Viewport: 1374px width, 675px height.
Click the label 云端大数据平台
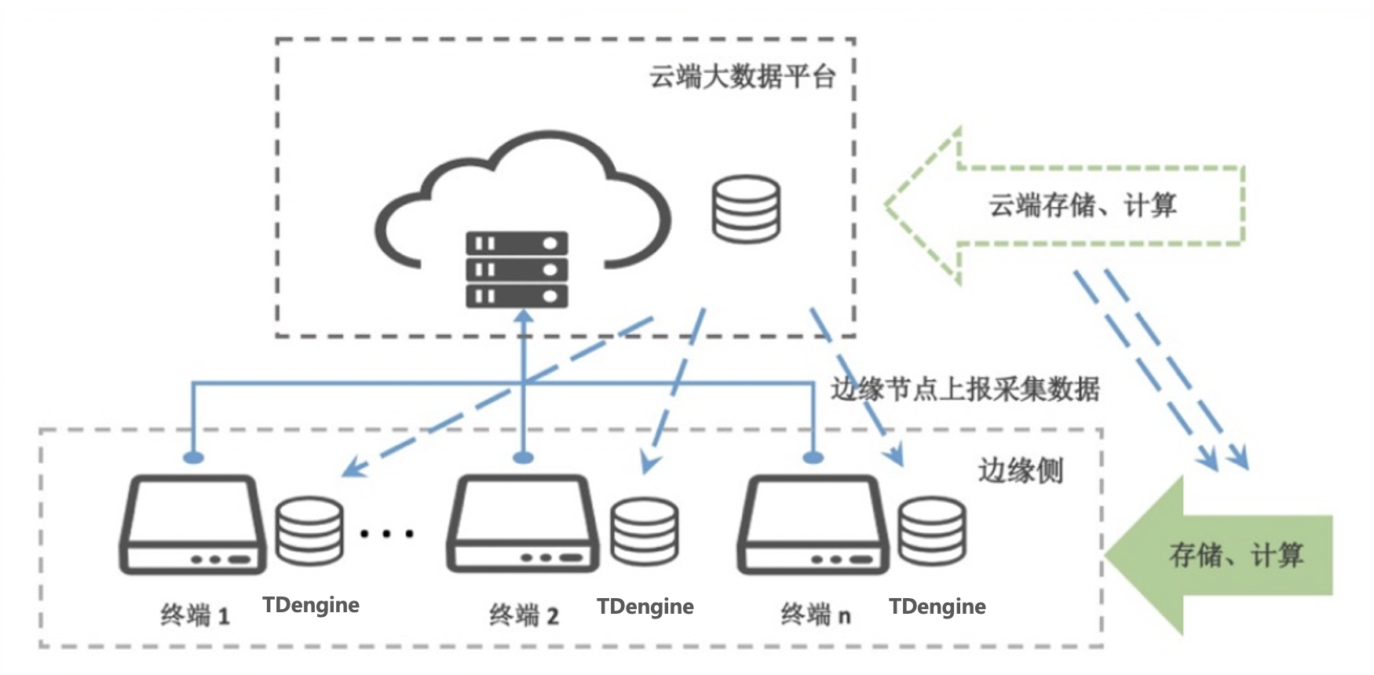tap(741, 77)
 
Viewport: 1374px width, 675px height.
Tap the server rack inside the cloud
tap(517, 269)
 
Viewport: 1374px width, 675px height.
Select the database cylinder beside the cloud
tap(746, 209)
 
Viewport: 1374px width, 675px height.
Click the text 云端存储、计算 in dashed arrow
tap(1082, 206)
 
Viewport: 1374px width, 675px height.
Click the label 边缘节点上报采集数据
tap(966, 389)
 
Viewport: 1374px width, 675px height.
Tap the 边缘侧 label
tap(1020, 470)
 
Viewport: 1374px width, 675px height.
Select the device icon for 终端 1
tap(192, 524)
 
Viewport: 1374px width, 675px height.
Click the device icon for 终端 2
tap(522, 524)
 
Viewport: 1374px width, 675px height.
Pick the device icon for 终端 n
tap(813, 524)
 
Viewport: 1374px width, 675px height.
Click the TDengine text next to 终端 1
tap(311, 605)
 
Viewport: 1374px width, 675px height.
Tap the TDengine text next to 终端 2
tap(645, 607)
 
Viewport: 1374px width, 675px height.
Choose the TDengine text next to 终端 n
tap(937, 607)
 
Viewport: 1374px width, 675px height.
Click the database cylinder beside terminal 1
tap(309, 531)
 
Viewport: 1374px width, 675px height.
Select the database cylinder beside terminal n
tap(932, 531)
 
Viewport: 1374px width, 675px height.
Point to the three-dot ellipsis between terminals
tap(386, 535)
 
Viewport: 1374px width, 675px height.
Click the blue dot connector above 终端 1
tap(193, 457)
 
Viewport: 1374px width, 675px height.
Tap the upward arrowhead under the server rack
tap(524, 316)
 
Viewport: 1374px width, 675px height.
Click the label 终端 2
tap(524, 615)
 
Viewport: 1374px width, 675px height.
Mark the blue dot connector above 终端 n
tap(813, 457)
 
